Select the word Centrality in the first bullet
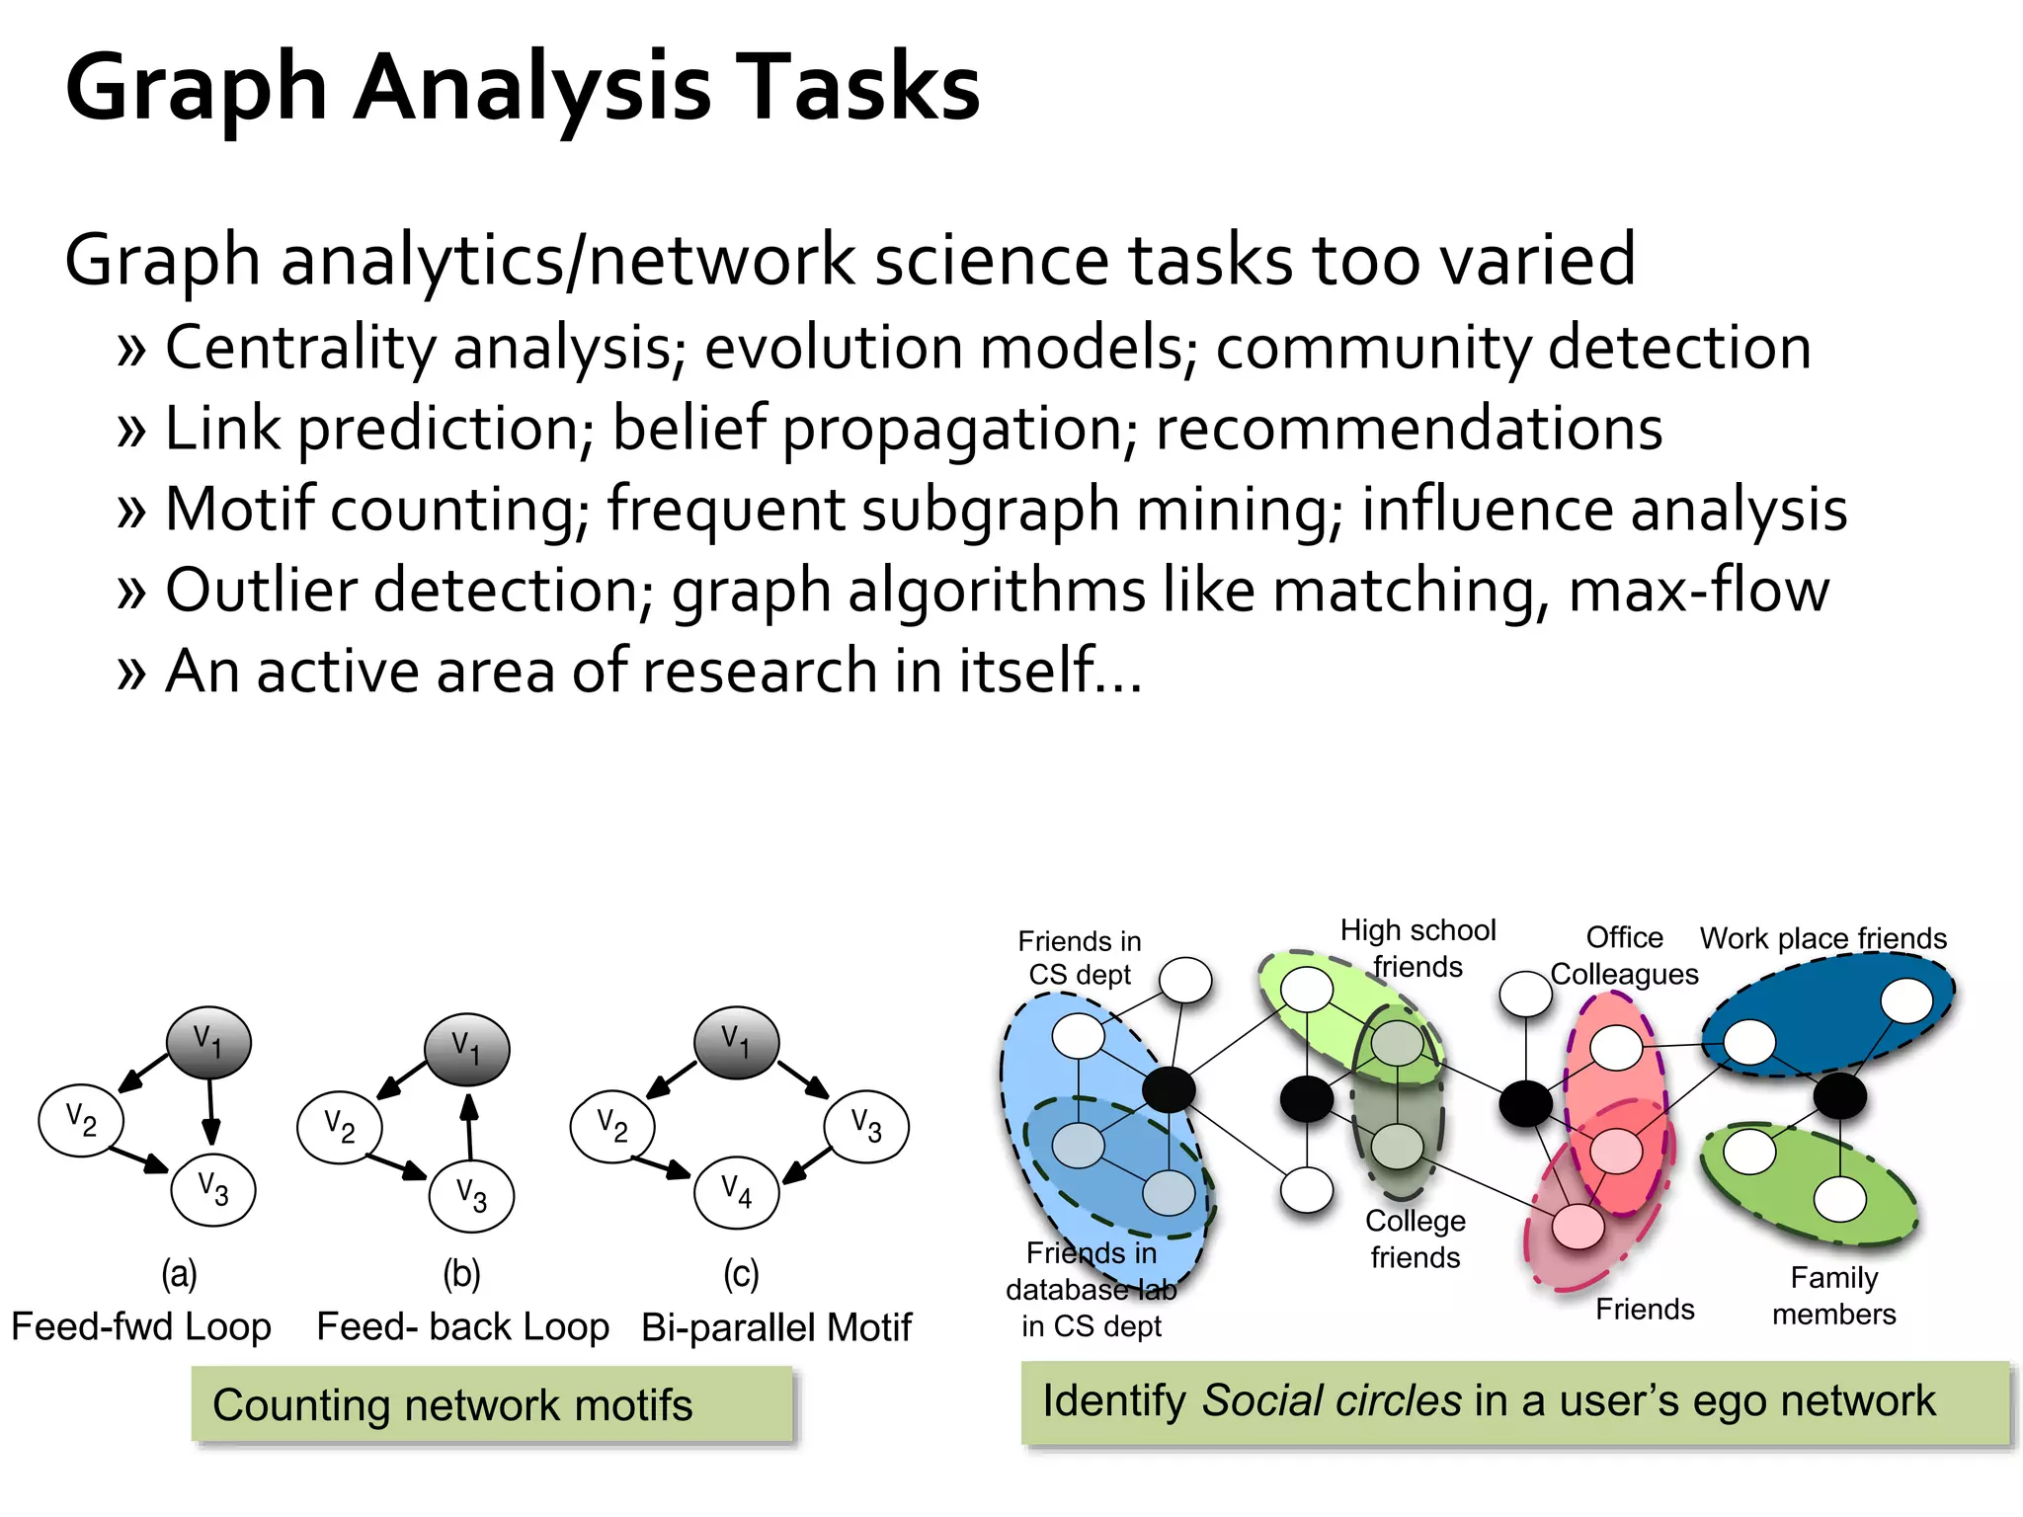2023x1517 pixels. [301, 348]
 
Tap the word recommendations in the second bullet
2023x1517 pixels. [1409, 429]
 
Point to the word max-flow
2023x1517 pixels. [1699, 591]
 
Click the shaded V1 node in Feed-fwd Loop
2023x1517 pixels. [208, 1042]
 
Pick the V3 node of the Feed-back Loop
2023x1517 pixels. [471, 1197]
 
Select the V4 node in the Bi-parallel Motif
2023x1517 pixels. [737, 1193]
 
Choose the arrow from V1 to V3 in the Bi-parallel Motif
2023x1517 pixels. [803, 1079]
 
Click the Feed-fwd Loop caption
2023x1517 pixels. [141, 1326]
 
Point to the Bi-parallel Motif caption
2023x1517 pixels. [776, 1327]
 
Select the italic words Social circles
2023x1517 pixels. [1331, 1400]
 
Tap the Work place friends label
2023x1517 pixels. [1822, 938]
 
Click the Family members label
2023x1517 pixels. [1833, 1296]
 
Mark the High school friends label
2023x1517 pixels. [1417, 948]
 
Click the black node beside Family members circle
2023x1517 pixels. [1839, 1095]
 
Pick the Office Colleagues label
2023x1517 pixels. [1624, 956]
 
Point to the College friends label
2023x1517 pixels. [1415, 1239]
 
